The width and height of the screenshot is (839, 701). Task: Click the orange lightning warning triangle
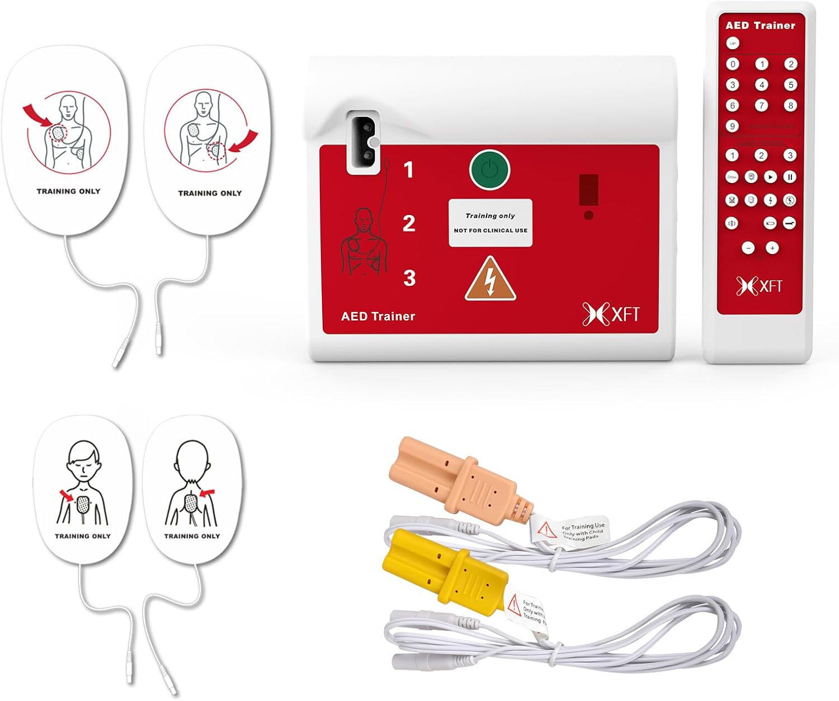tap(490, 280)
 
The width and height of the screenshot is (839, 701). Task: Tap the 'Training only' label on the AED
tap(490, 222)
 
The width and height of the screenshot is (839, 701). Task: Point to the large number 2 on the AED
tap(409, 224)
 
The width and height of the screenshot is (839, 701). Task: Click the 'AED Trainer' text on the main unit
tap(378, 316)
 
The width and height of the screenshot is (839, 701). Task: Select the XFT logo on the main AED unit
tap(611, 314)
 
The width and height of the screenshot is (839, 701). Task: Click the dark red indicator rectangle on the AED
tap(588, 189)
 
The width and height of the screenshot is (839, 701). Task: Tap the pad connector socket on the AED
tap(361, 142)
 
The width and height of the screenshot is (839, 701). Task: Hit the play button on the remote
tap(770, 177)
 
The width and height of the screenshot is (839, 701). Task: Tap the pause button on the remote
tap(789, 177)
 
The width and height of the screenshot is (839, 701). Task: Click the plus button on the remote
tap(772, 248)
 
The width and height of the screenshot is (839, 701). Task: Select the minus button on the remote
tap(748, 248)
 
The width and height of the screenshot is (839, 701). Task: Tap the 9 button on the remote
tap(732, 126)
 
